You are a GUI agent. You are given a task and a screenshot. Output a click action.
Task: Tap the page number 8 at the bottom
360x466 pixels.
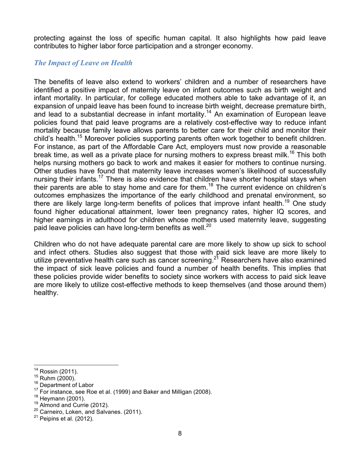coord(180,444)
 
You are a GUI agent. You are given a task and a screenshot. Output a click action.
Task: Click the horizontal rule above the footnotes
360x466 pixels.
coord(76,365)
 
